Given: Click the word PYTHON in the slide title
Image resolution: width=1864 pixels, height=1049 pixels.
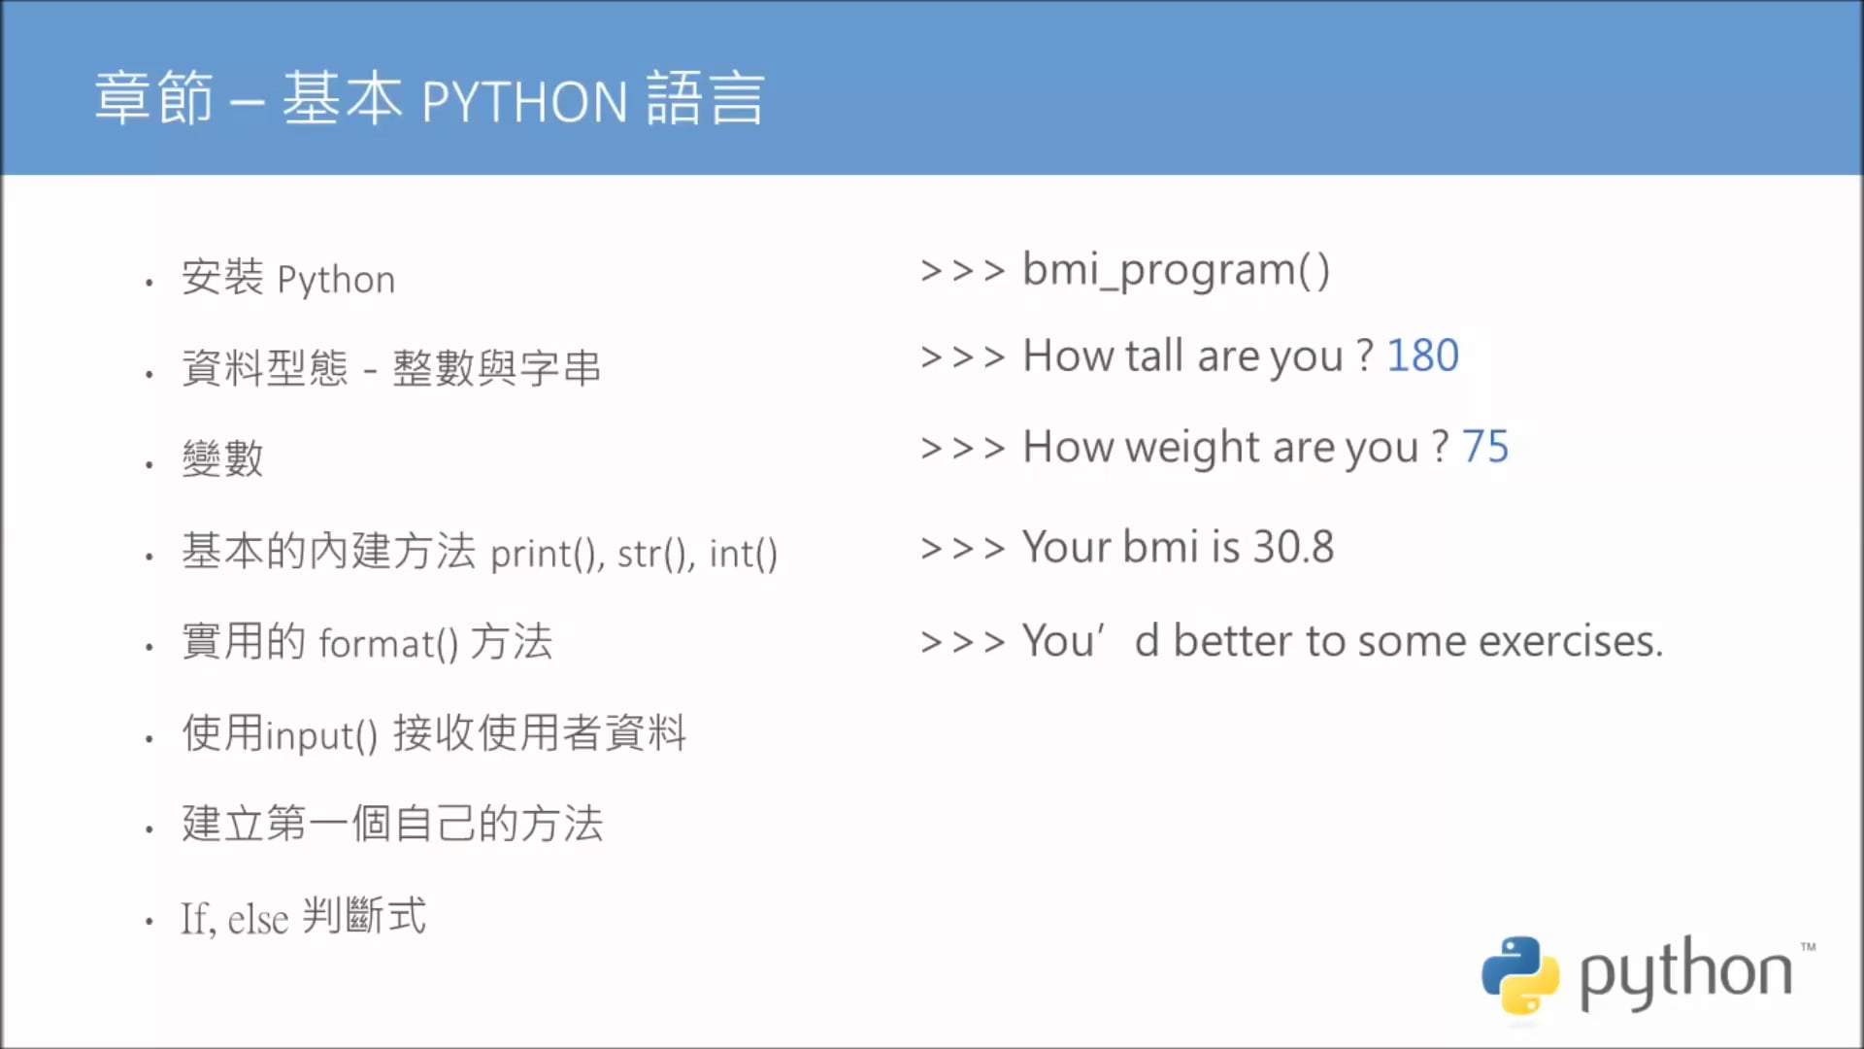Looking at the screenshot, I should click(524, 101).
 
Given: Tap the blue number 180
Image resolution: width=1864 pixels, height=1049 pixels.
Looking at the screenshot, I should click(1422, 355).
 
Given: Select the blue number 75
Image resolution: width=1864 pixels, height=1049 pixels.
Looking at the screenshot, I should click(1485, 447).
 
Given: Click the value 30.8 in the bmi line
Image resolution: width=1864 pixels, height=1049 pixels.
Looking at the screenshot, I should click(1293, 547).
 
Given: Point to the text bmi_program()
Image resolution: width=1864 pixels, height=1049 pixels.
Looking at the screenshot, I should click(1176, 270).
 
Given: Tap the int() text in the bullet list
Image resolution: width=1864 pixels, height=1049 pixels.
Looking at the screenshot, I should click(743, 554).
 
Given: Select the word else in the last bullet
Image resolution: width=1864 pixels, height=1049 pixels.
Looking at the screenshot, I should click(258, 919).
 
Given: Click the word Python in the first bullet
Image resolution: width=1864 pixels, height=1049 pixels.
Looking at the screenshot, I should click(336, 280).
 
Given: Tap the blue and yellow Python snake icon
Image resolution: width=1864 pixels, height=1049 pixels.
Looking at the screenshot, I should click(1520, 974).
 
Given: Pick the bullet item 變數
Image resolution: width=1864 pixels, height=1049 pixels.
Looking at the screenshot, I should click(222, 458).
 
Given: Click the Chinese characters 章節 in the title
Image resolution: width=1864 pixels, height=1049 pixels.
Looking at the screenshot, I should click(153, 99).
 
